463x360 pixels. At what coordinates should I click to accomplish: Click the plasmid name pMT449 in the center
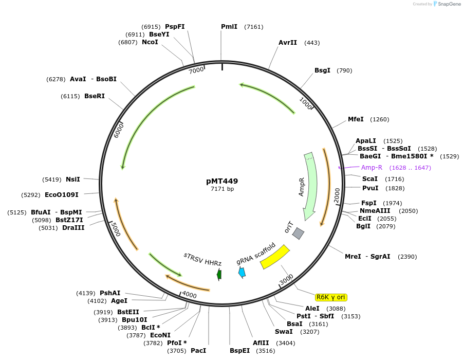point(222,181)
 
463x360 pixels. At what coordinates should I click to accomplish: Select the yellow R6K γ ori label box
point(331,297)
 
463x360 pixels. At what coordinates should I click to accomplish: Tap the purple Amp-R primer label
point(372,168)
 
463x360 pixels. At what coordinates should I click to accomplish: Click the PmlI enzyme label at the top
point(229,27)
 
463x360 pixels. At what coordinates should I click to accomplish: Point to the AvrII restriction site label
point(288,43)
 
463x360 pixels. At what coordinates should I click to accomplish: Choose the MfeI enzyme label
point(356,119)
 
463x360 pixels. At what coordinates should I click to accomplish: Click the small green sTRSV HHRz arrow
point(219,274)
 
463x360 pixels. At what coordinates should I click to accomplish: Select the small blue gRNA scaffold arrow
point(242,273)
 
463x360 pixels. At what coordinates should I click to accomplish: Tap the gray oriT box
point(298,233)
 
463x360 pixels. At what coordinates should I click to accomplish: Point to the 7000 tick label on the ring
point(196,70)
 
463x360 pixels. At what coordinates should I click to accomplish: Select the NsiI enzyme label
point(73,179)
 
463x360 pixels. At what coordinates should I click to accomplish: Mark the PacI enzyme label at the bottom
point(198,351)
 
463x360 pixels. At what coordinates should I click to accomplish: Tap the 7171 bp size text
point(222,189)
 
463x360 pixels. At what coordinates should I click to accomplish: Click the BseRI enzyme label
point(95,96)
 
